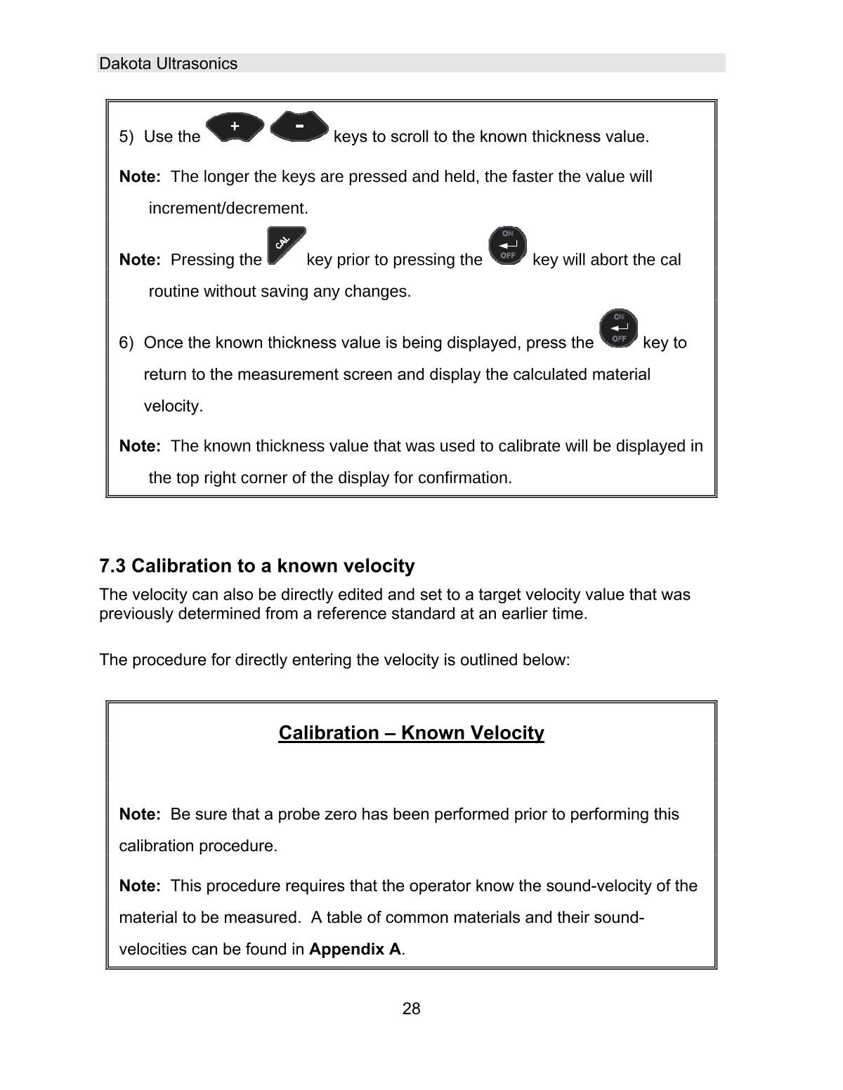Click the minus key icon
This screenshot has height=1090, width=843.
tap(299, 126)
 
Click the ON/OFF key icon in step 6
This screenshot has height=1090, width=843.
tap(618, 329)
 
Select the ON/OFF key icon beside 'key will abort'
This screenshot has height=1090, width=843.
tap(507, 245)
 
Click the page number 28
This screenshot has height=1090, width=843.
tap(411, 1009)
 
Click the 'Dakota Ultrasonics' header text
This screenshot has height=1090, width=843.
tap(169, 64)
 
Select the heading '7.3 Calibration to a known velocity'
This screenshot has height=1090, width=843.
tap(257, 566)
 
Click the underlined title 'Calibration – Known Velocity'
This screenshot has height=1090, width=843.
tap(411, 733)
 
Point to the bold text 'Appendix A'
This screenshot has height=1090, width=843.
tap(355, 950)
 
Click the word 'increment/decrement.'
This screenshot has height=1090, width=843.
tap(228, 209)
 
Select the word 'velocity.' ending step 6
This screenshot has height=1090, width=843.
tap(173, 407)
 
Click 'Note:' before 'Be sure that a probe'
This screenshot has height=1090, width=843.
tap(140, 815)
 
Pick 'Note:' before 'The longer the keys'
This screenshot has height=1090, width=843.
tap(140, 177)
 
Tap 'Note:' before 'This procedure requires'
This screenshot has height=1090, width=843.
tap(140, 886)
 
